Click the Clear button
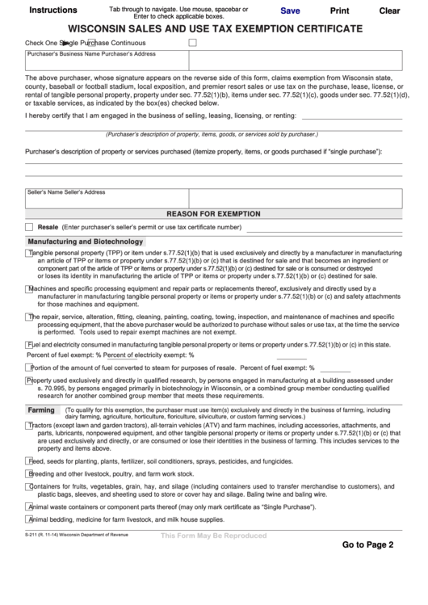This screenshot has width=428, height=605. [389, 11]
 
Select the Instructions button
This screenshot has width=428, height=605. [53, 11]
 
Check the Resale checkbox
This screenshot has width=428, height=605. [29, 227]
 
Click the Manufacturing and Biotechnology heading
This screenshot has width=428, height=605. [85, 242]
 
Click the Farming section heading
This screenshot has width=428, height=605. [40, 410]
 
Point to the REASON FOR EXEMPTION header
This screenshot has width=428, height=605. [213, 214]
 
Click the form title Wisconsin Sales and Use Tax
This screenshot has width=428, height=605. [214, 28]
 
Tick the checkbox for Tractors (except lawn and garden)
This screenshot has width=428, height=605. [29, 424]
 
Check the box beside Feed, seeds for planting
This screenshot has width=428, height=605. [29, 461]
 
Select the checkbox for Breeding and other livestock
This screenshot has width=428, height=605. [29, 473]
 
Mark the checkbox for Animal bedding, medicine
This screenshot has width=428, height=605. [29, 519]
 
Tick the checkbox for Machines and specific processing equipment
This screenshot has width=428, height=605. [29, 288]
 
